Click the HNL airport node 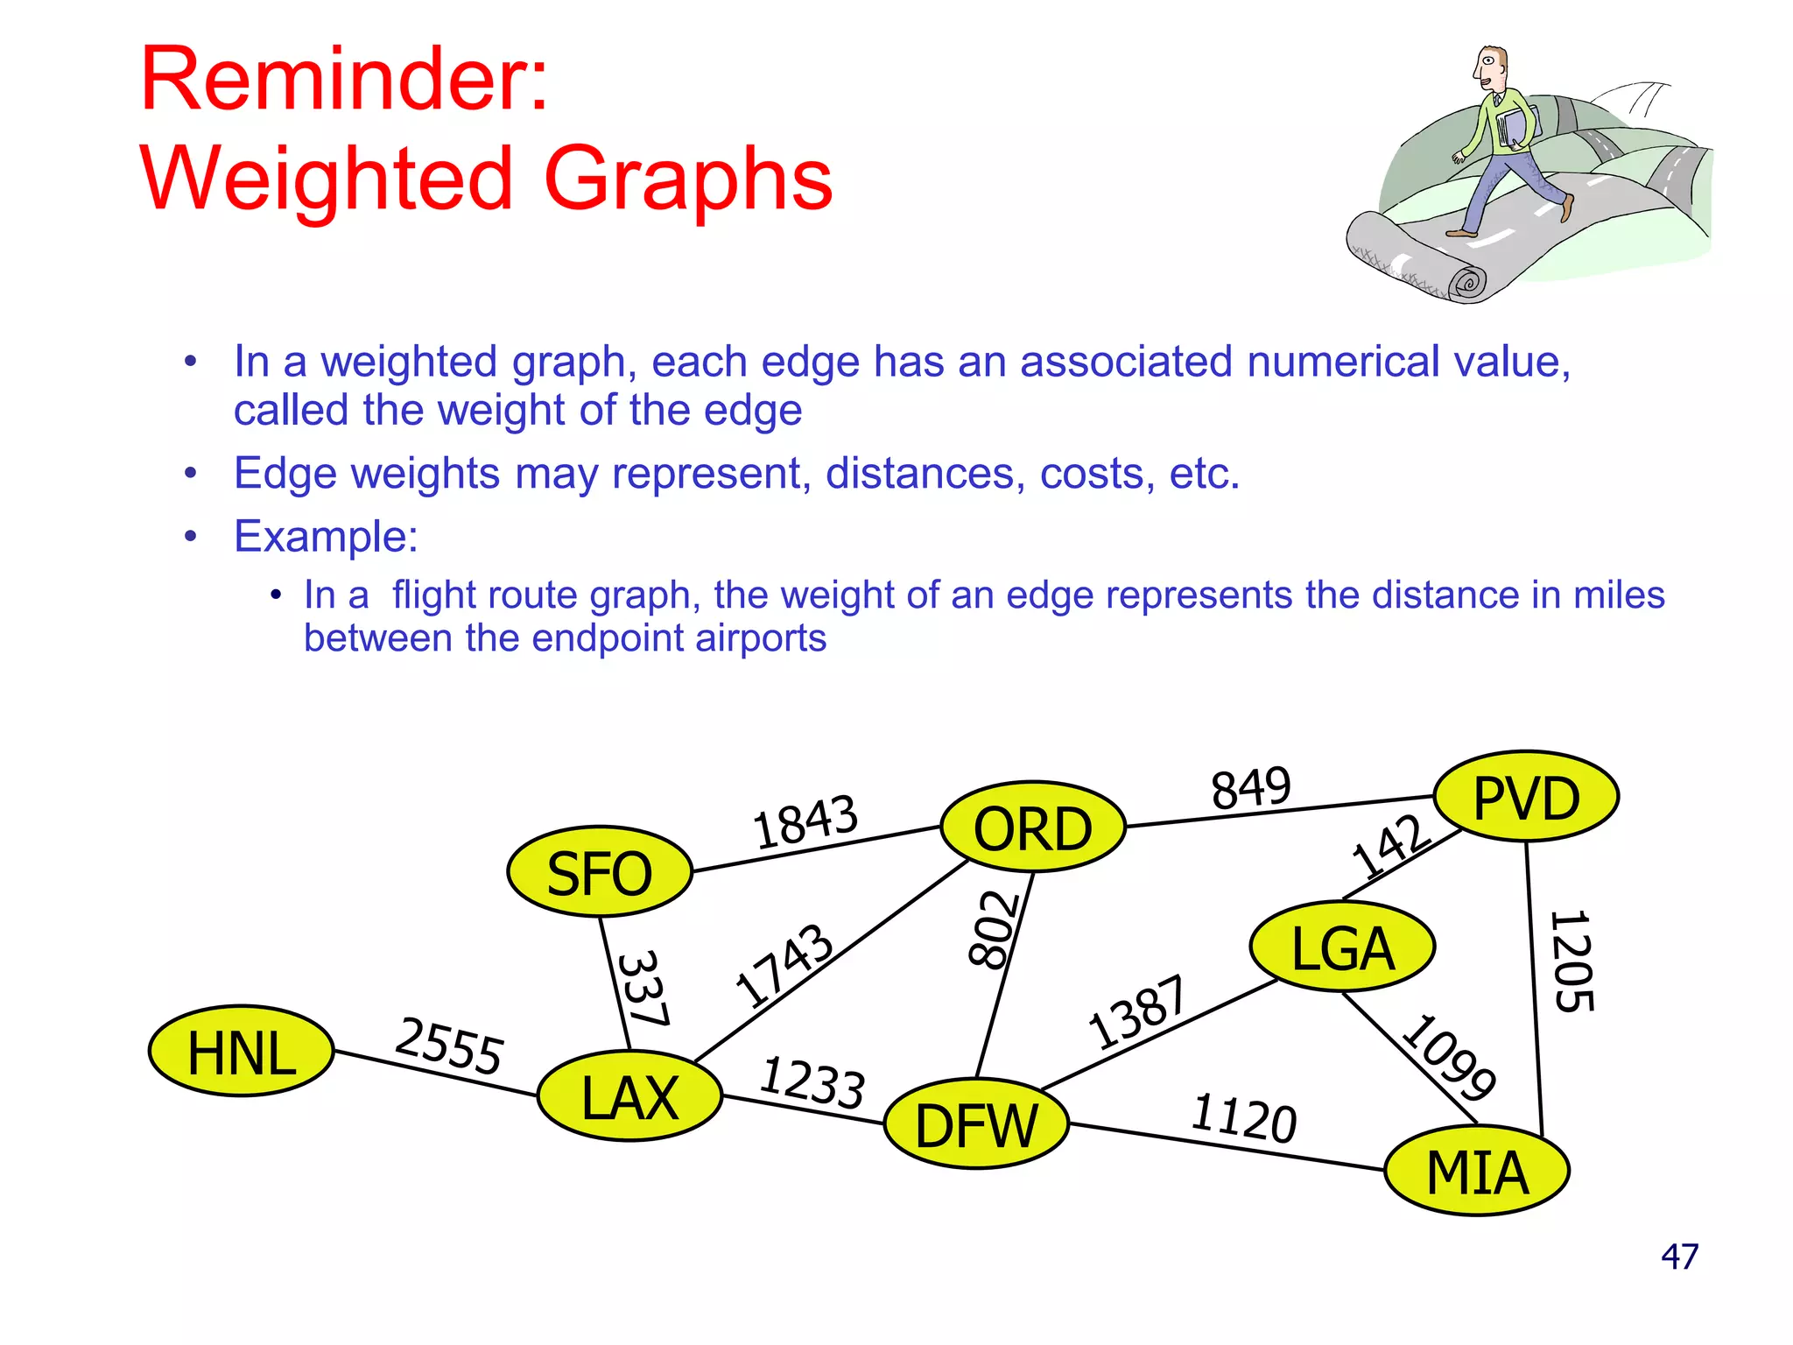click(x=242, y=1051)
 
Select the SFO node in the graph click(x=600, y=872)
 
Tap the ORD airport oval click(x=1033, y=827)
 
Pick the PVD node click(x=1526, y=796)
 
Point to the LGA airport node click(x=1342, y=947)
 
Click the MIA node click(x=1477, y=1171)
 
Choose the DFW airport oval click(x=976, y=1124)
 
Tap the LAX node click(x=630, y=1096)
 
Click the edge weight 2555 click(x=449, y=1046)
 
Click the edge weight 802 click(x=994, y=930)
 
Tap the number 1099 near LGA click(x=1449, y=1057)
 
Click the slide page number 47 click(x=1679, y=1257)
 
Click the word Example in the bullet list click(x=325, y=536)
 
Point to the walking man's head click(x=1491, y=68)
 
